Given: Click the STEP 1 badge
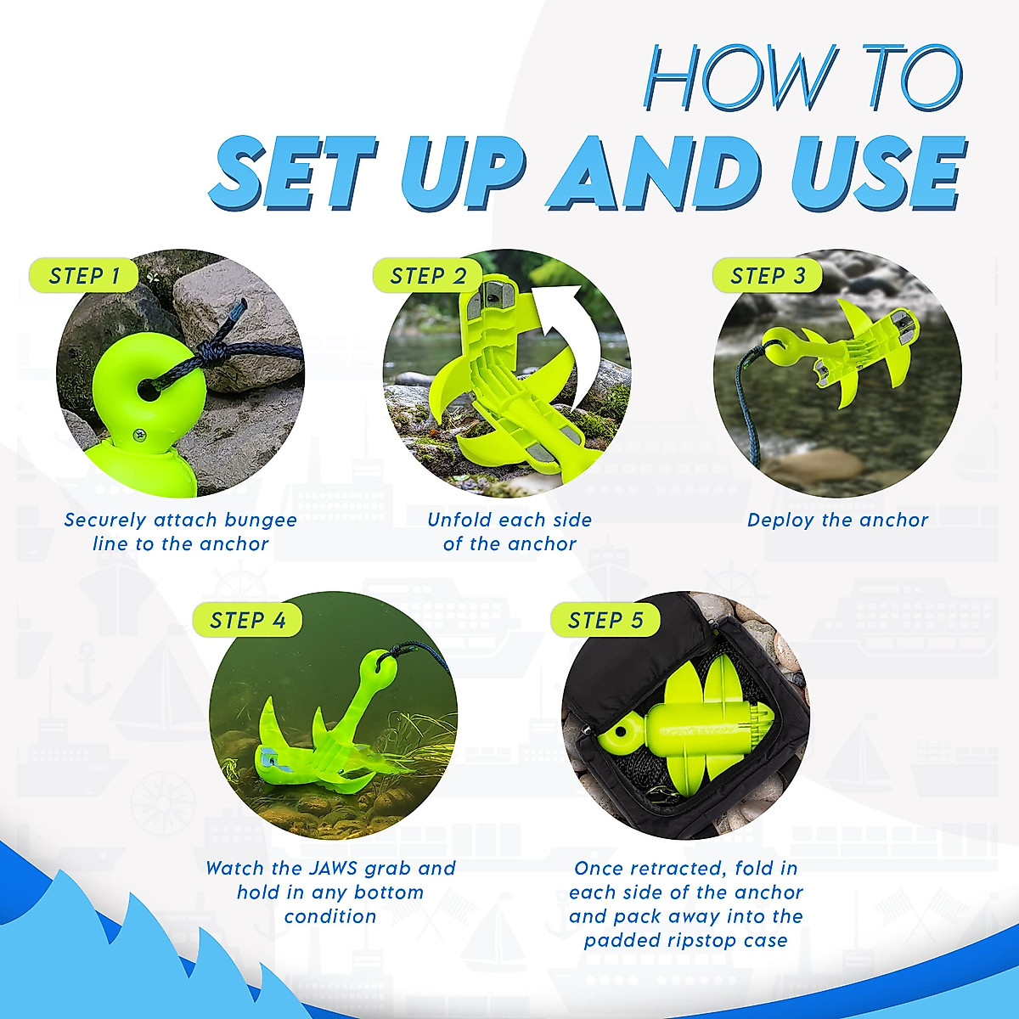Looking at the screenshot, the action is [84, 275].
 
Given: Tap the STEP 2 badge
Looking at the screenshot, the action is [428, 275].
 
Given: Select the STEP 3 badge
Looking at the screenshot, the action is [768, 275].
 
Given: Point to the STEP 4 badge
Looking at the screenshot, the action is [247, 619].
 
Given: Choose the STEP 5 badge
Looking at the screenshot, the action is [605, 619].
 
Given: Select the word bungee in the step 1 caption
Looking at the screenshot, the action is [261, 521].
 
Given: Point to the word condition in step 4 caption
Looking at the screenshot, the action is [330, 916].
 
